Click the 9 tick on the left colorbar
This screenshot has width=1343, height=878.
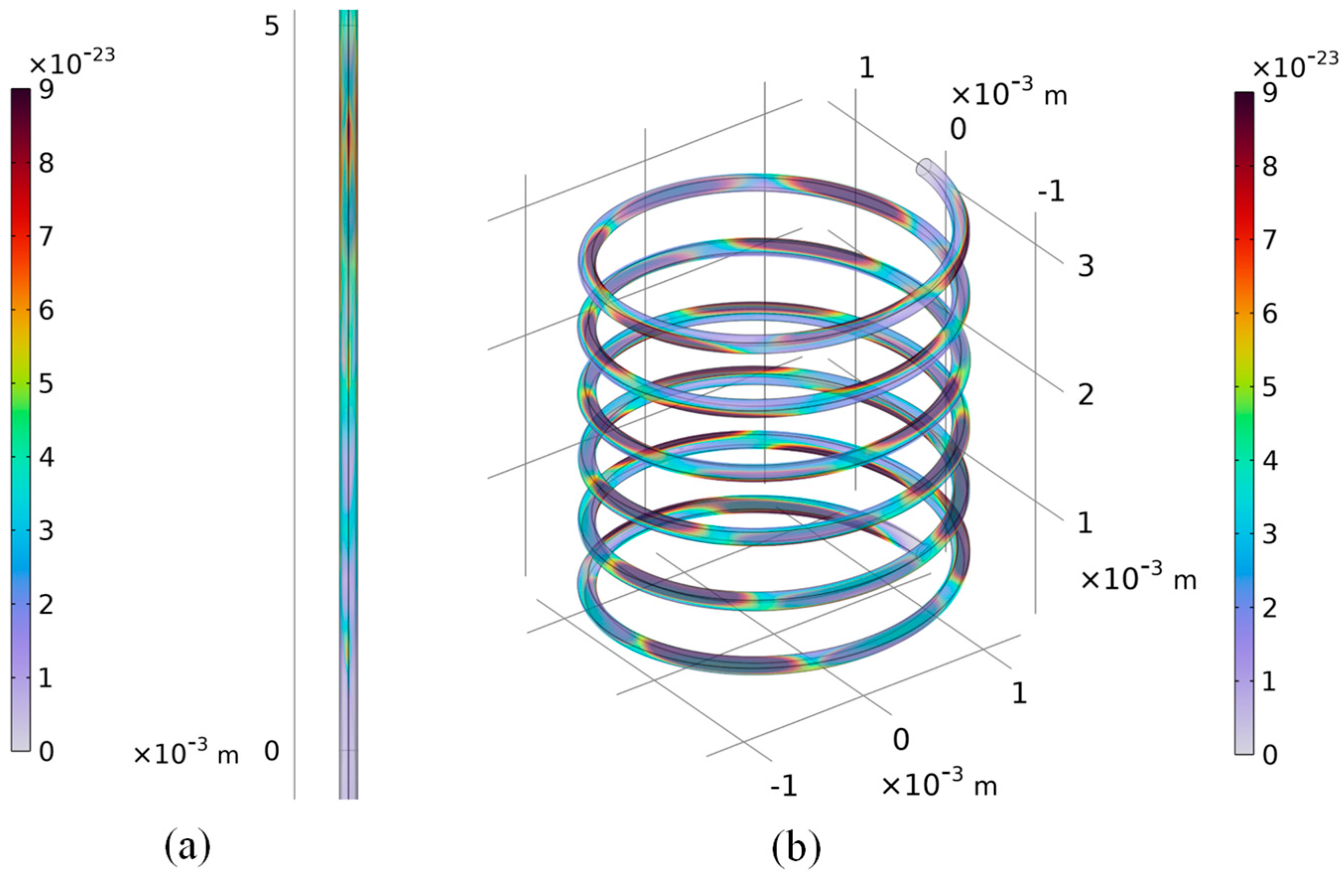[x=46, y=90]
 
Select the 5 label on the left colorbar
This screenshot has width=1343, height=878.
[x=46, y=384]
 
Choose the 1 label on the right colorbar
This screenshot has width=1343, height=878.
[x=1270, y=682]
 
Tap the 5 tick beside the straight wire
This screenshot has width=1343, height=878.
[x=272, y=26]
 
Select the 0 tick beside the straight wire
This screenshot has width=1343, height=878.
[x=272, y=751]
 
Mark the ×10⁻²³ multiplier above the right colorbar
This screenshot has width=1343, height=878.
[x=1295, y=65]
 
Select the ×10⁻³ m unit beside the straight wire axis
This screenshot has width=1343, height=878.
[x=186, y=754]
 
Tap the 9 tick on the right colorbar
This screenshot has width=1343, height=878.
[x=1270, y=94]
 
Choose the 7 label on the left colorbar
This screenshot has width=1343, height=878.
[x=46, y=238]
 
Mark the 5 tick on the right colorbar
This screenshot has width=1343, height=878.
[x=1270, y=387]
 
